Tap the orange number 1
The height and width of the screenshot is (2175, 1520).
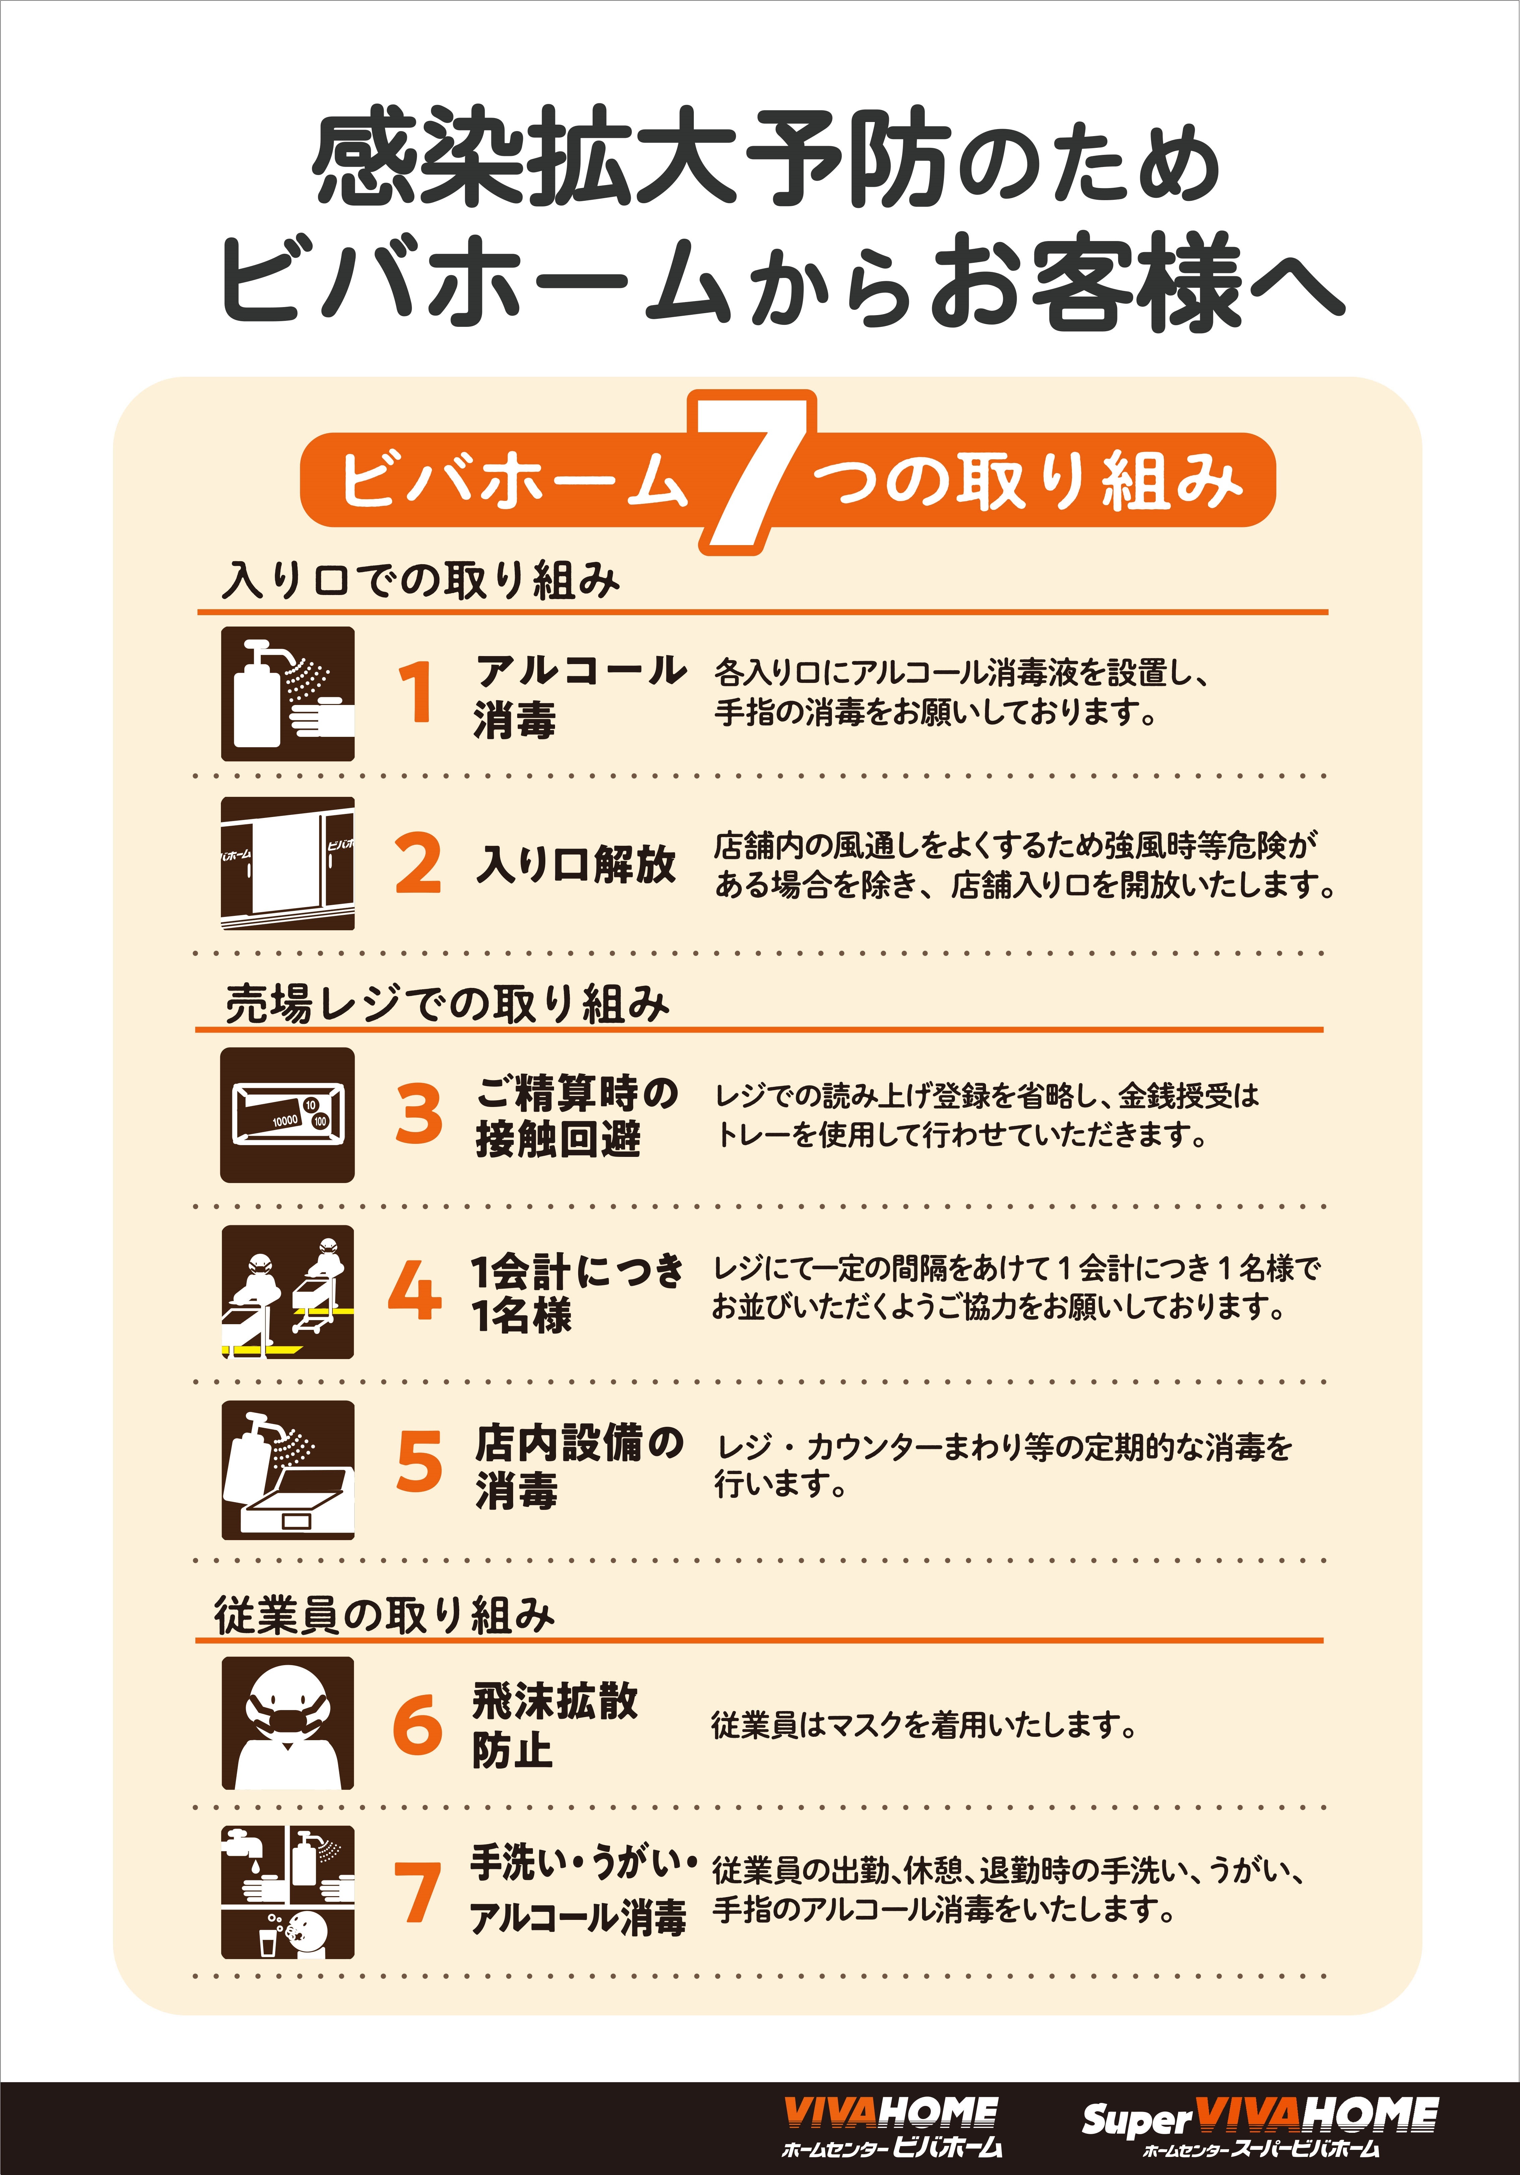click(x=417, y=693)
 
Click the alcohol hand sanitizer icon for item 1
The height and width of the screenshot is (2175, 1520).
click(x=288, y=693)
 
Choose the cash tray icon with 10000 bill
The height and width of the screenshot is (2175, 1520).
click(x=288, y=1115)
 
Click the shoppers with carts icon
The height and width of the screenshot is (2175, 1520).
click(x=288, y=1292)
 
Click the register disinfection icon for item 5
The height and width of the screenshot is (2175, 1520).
click(x=288, y=1470)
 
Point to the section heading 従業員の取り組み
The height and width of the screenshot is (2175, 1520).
click(x=383, y=1615)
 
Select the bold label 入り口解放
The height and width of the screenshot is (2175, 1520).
click(x=576, y=864)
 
